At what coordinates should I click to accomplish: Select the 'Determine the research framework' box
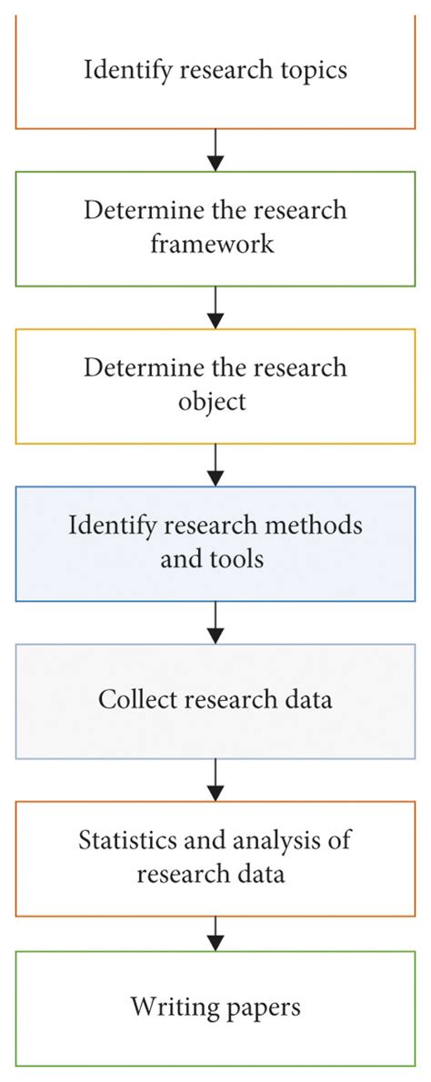click(215, 227)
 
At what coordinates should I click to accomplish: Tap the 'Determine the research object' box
click(215, 385)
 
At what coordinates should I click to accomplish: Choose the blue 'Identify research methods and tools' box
click(215, 543)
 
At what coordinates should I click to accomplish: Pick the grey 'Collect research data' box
click(215, 700)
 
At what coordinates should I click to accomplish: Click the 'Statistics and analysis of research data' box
click(215, 857)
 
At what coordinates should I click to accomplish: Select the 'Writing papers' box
click(215, 1007)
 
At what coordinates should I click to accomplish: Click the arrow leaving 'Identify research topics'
click(215, 149)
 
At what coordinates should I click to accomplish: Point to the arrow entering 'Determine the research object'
click(215, 306)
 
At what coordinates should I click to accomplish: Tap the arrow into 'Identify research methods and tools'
click(215, 464)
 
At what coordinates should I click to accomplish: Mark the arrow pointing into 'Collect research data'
click(215, 622)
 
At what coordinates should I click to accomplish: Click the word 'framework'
click(215, 244)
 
